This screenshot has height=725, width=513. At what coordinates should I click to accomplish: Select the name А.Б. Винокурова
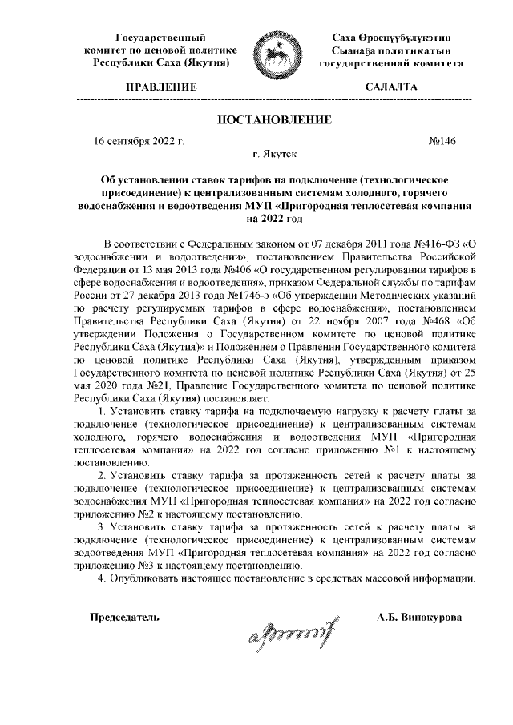[419, 618]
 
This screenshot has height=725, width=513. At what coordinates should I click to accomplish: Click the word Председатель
[123, 618]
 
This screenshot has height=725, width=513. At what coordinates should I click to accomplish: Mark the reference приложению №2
[110, 513]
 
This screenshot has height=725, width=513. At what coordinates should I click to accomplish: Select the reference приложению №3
[110, 564]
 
